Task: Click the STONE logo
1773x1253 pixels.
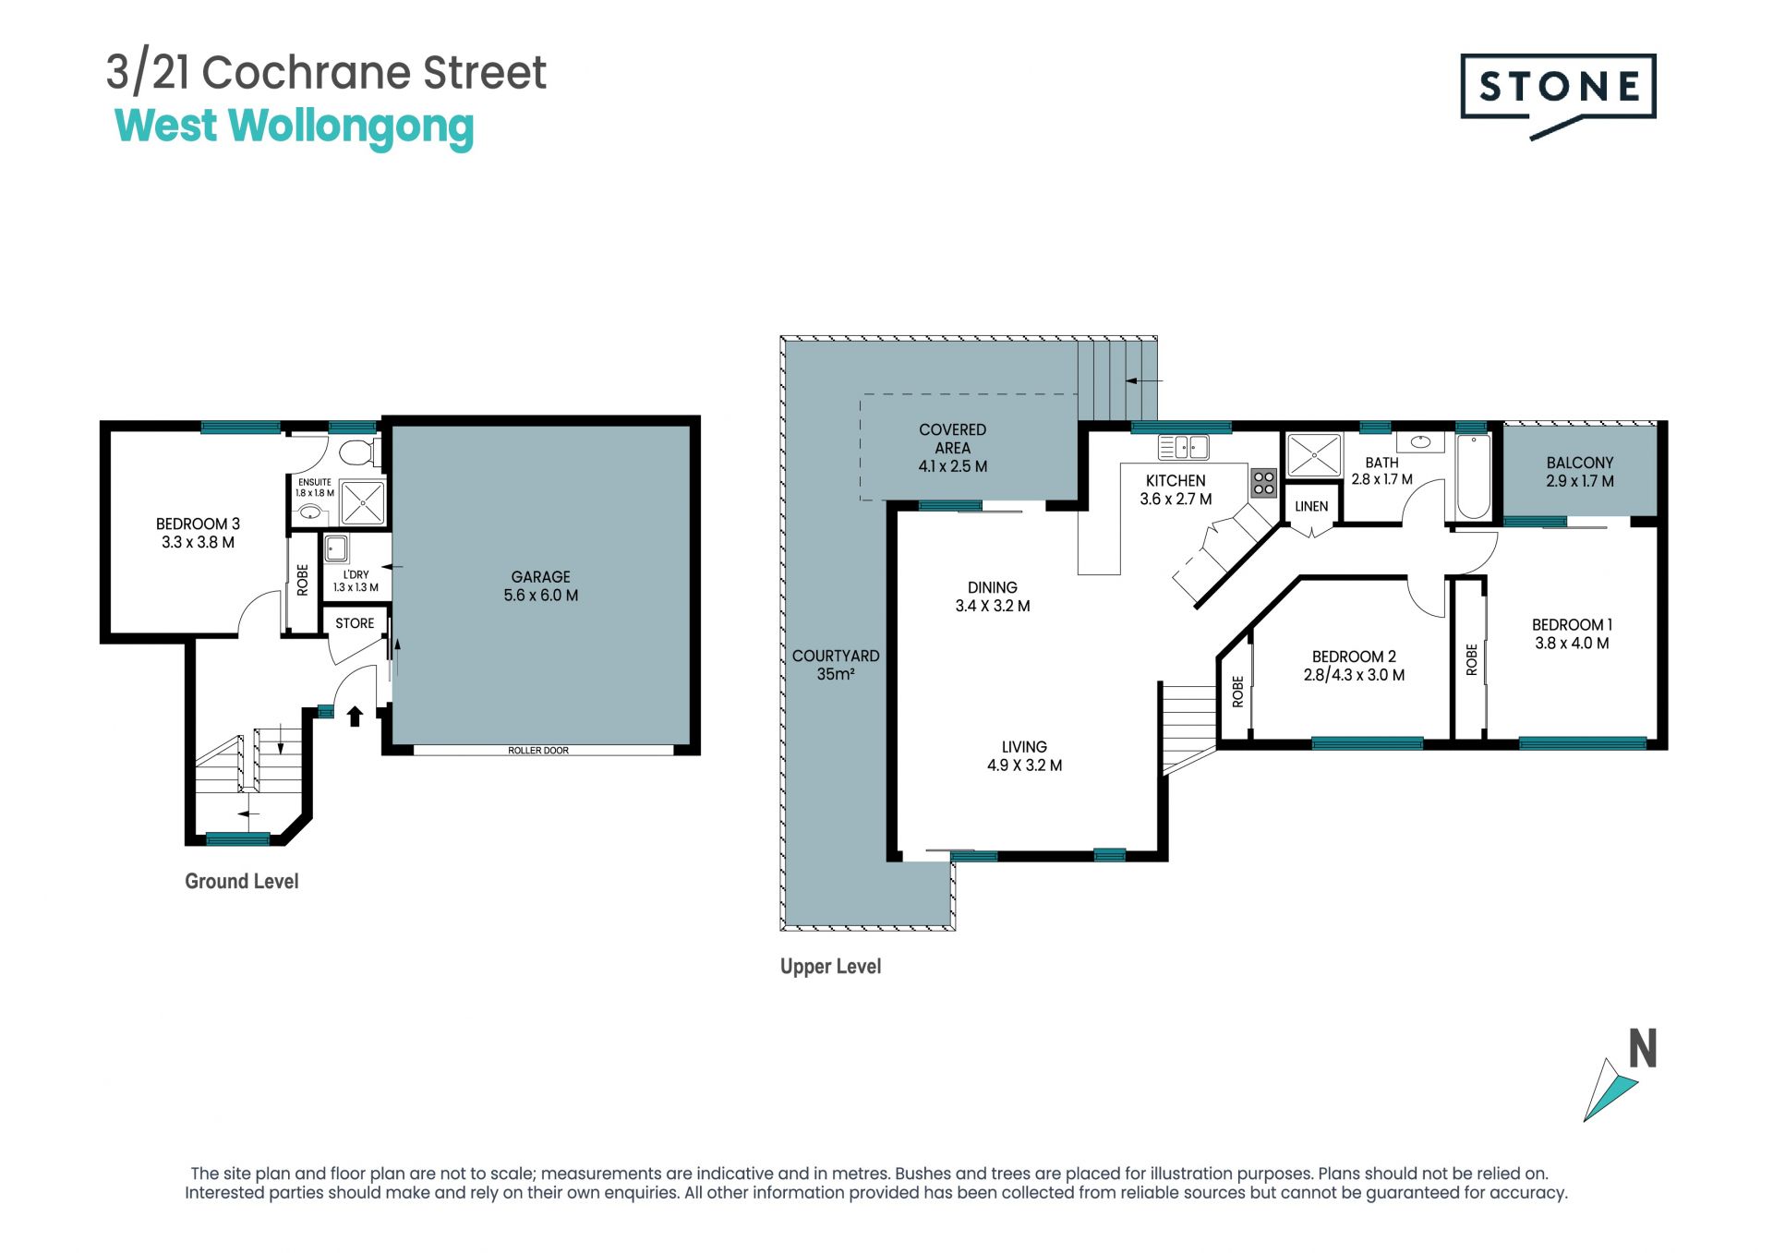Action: click(1558, 96)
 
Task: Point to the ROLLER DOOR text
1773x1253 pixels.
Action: click(538, 751)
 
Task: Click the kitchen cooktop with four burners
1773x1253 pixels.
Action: click(1263, 483)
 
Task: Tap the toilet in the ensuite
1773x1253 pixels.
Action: click(356, 452)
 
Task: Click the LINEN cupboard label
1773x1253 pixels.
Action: click(1311, 506)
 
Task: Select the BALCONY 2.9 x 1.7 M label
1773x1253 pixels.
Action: click(1580, 472)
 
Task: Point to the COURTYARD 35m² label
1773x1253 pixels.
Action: click(836, 665)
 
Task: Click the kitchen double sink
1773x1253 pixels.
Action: click(1184, 448)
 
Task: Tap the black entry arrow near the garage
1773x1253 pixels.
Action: click(355, 716)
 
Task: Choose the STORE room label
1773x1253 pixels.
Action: click(355, 623)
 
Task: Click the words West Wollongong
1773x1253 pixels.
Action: click(295, 127)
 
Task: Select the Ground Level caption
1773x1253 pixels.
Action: click(242, 881)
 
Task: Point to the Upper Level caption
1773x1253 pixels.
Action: click(831, 967)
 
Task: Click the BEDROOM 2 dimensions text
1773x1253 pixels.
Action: click(1354, 675)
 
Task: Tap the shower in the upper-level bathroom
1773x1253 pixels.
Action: click(1313, 455)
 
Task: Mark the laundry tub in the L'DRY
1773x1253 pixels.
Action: click(336, 549)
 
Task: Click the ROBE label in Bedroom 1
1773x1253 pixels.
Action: click(1472, 659)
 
